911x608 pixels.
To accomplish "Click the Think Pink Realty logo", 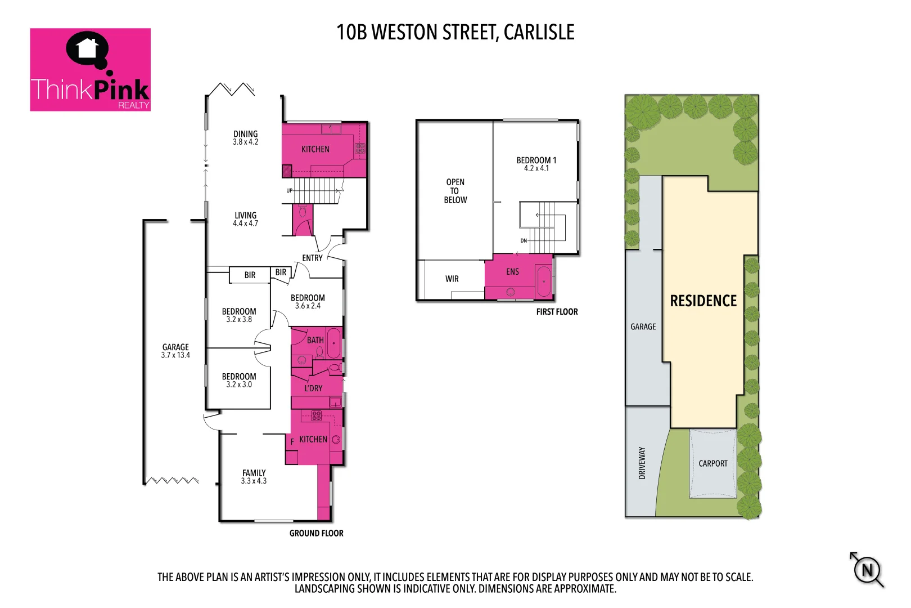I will [x=90, y=70].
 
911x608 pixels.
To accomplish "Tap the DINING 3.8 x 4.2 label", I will [x=246, y=138].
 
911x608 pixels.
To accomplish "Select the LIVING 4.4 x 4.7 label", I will [x=246, y=219].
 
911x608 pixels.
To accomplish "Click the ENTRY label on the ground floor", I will [x=312, y=258].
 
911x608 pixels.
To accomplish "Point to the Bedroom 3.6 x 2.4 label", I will [x=308, y=302].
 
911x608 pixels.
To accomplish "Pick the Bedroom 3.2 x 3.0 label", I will [x=239, y=381].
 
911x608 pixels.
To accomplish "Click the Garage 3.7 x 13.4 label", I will [x=175, y=351].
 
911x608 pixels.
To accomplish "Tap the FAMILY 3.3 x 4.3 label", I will [x=254, y=477].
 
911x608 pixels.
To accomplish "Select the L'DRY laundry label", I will [x=313, y=388].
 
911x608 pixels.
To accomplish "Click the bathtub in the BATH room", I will [x=333, y=343].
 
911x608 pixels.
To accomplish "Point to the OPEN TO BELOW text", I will [x=455, y=191].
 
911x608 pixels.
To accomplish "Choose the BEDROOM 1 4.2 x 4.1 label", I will [x=536, y=164].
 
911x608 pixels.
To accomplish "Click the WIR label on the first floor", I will [x=452, y=279].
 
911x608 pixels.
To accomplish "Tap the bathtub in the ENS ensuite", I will [x=544, y=281].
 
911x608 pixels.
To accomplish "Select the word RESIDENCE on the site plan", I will [x=703, y=301].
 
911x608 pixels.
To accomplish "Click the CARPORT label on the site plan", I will [x=712, y=463].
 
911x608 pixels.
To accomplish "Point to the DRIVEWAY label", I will [x=642, y=463].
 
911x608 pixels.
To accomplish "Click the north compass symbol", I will [x=867, y=570].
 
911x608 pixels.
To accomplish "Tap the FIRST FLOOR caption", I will [x=557, y=312].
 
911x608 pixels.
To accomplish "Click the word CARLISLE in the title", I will [x=539, y=33].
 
